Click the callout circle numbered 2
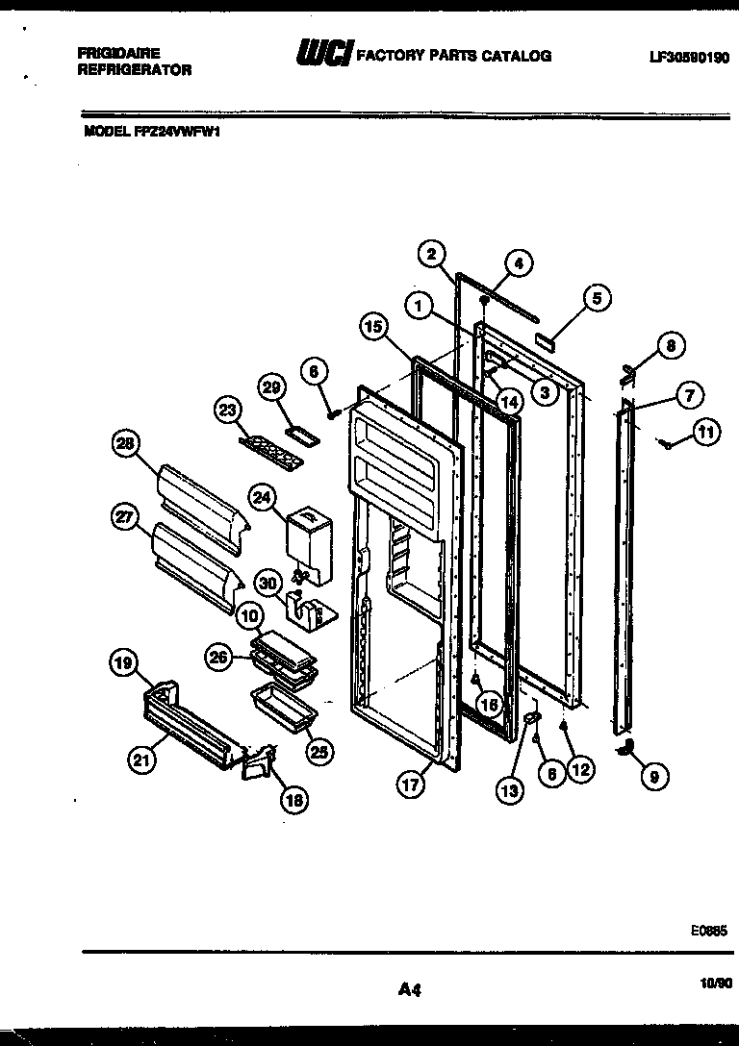(432, 254)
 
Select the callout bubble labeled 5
(596, 298)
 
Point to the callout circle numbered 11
(706, 433)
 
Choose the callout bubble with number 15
(375, 327)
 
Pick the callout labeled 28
(126, 444)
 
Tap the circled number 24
(262, 497)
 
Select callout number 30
(268, 581)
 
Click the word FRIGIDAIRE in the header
(118, 54)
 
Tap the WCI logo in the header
(325, 54)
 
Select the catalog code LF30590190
(689, 57)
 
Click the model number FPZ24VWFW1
(153, 134)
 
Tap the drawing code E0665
(708, 931)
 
